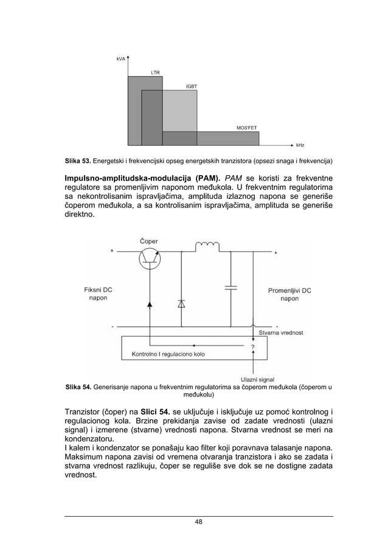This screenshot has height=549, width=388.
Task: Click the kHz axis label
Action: point(300,146)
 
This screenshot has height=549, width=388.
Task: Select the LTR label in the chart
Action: point(156,72)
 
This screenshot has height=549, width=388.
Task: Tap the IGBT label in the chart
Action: point(191,87)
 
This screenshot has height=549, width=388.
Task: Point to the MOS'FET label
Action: point(246,128)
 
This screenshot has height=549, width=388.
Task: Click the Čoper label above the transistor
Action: point(149,241)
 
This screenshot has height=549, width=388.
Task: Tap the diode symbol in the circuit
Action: point(181,303)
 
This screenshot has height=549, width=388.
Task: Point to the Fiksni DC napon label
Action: point(98,294)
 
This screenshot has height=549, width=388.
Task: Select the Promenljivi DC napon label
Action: point(289,294)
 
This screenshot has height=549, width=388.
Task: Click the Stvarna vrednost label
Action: point(281,333)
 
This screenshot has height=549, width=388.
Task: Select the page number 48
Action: point(198,522)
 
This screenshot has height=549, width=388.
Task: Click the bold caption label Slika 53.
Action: point(78,162)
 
